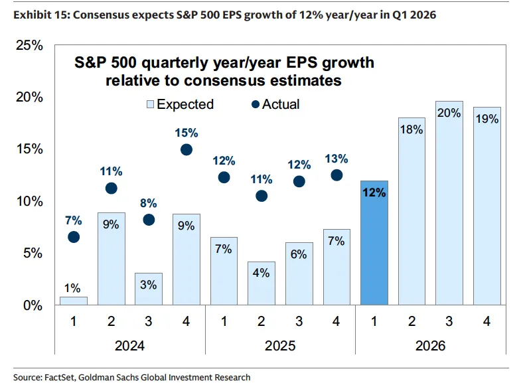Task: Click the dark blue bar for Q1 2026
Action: click(374, 243)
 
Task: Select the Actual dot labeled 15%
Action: click(187, 149)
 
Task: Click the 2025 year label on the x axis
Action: click(280, 346)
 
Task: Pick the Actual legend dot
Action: click(254, 104)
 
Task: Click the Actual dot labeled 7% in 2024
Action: click(74, 237)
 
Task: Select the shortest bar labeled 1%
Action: click(74, 301)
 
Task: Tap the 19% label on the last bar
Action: click(487, 120)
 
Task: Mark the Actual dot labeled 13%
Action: click(336, 175)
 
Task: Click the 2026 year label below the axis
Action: click(430, 346)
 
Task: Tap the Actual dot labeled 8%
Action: click(149, 220)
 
